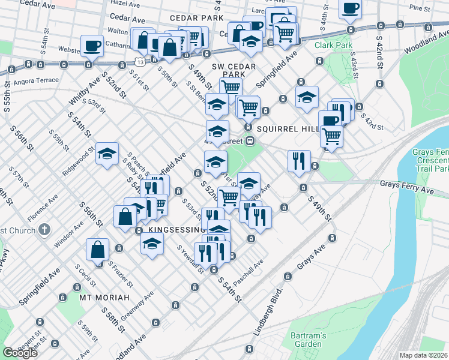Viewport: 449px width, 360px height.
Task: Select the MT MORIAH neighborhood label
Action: [103, 298]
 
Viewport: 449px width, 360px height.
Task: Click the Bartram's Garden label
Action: [308, 340]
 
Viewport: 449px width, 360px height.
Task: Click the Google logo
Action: [20, 353]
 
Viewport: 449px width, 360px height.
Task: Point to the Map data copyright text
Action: [424, 355]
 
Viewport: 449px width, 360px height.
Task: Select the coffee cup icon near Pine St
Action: [351, 8]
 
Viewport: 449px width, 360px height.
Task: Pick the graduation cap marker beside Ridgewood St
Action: [107, 154]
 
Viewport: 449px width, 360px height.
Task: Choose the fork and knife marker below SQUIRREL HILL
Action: [299, 161]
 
